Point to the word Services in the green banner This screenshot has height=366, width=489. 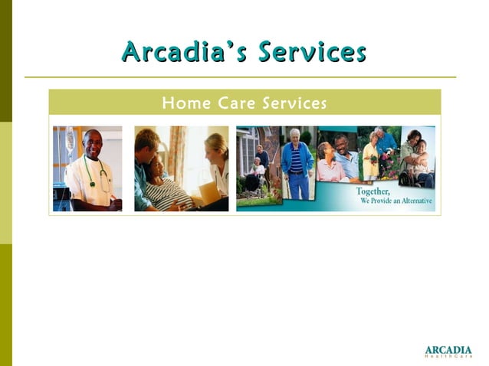pyautogui.click(x=294, y=103)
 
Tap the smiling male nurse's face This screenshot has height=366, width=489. pyautogui.click(x=94, y=144)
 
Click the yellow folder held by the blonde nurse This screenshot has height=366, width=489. pyautogui.click(x=208, y=191)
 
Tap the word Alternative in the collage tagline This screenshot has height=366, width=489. pyautogui.click(x=414, y=201)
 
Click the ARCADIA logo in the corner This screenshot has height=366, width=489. pyautogui.click(x=448, y=351)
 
